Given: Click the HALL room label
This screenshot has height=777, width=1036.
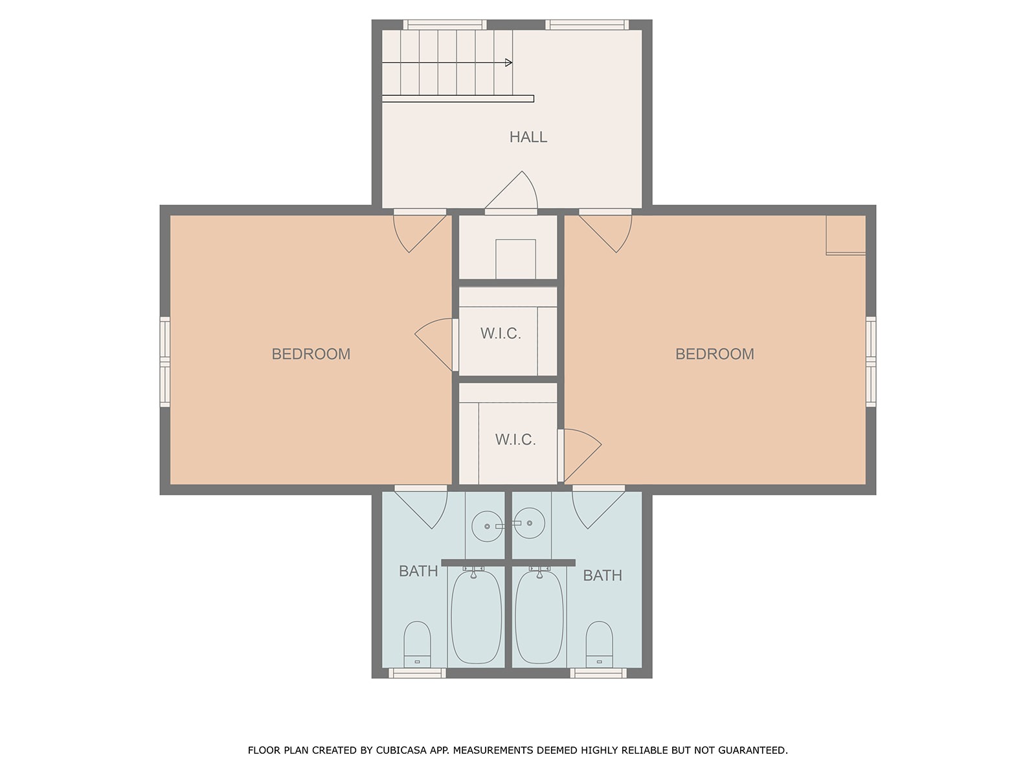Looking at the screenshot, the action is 528,137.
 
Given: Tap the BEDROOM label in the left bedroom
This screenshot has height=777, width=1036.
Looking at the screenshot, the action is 311,354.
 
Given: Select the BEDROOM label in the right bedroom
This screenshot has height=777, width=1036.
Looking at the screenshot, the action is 715,354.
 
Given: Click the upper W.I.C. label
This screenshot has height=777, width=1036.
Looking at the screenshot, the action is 501,333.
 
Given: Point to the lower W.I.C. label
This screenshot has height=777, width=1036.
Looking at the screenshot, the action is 515,440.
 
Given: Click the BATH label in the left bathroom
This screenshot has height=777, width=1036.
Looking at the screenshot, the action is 418,571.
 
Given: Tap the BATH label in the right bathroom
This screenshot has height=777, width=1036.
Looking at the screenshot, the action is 603,576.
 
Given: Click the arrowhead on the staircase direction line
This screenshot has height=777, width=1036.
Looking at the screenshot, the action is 508,62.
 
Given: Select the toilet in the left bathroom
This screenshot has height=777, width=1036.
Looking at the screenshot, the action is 417,644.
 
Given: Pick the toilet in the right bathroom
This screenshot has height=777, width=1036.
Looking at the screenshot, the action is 600,644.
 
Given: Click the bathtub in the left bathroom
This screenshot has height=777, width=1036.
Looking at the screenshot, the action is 476,617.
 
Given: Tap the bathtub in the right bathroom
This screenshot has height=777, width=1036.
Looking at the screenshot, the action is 539,617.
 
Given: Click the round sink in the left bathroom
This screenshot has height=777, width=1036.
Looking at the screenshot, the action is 487,526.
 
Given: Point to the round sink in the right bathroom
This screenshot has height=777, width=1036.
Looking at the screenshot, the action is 530,523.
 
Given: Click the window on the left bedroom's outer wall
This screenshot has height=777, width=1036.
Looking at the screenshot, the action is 164,362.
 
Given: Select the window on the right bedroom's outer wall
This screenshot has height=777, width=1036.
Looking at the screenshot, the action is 871,362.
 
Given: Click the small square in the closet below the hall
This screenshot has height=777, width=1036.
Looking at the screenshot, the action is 515,259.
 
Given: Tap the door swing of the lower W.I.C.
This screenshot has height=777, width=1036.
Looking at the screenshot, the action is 583,455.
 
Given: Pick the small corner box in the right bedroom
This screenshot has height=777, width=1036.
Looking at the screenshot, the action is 846,236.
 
